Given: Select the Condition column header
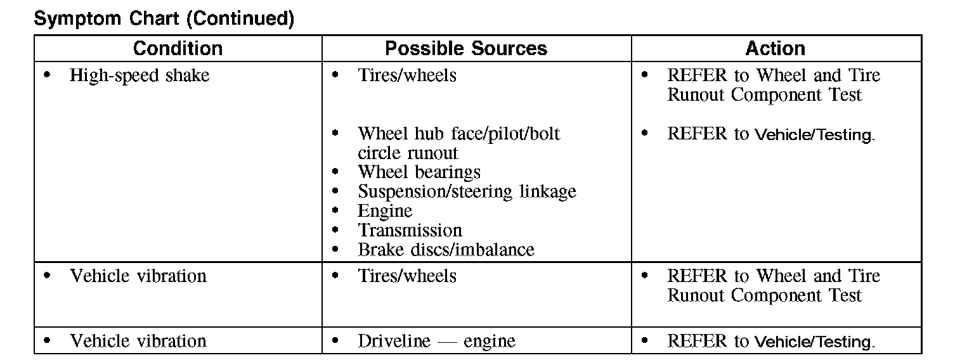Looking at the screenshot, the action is click(178, 49).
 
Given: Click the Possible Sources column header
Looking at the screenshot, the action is click(466, 49).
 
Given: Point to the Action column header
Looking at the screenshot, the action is click(775, 49).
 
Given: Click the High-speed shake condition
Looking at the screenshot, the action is click(139, 75).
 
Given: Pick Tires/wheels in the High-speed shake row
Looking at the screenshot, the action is click(406, 75).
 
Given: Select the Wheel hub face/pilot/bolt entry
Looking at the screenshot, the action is click(458, 134).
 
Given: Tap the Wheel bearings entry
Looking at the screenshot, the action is click(419, 172).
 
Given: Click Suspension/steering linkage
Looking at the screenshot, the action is click(467, 191).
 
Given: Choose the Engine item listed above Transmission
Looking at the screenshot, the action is click(385, 211).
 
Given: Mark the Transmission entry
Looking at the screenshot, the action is click(410, 230).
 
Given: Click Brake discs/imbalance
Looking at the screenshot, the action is click(446, 250).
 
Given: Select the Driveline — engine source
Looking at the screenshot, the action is click(436, 341).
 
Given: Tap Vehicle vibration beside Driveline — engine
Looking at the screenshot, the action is click(138, 341).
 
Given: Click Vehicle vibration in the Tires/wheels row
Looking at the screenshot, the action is click(138, 276).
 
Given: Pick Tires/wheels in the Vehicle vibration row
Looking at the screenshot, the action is click(406, 276).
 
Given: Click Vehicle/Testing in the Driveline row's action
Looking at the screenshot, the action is click(814, 342).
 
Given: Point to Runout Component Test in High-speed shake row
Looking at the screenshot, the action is click(765, 95).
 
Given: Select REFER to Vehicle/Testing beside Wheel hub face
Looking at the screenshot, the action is click(770, 134).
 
